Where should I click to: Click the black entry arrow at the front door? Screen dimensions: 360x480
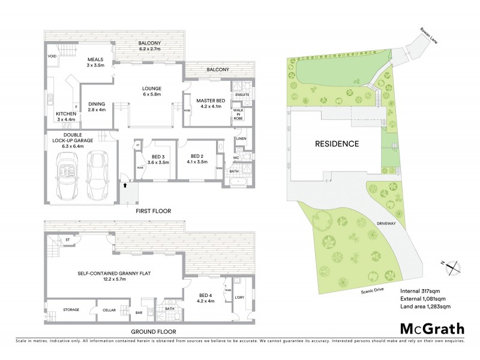pos(125,185)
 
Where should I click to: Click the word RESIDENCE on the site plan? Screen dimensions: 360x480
pos(335,144)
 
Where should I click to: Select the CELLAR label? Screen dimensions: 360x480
pos(108,310)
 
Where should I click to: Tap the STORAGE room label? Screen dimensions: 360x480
pos(71,310)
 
